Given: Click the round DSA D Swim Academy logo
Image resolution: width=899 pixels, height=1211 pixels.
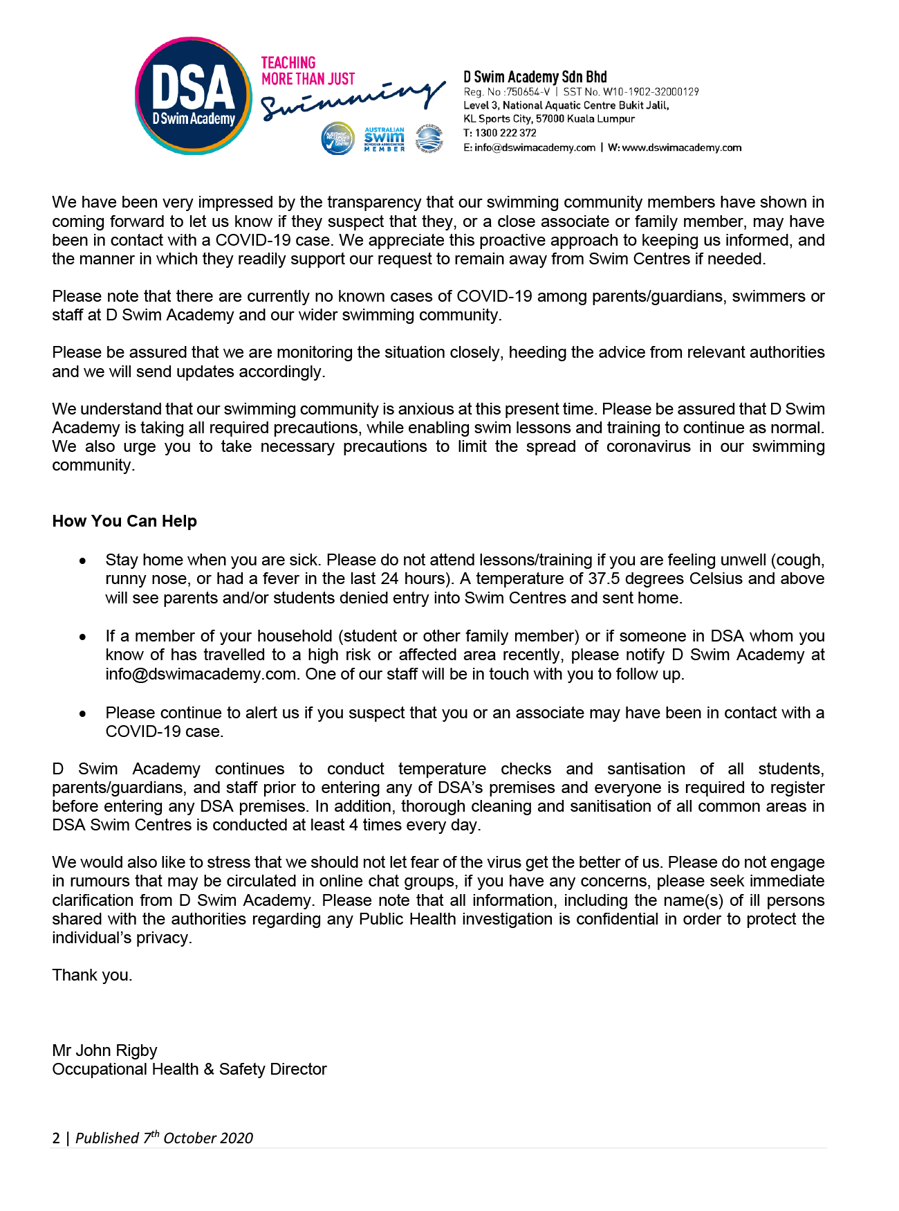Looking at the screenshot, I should click(193, 95).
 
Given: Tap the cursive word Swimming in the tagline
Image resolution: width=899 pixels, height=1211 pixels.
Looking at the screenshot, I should click(353, 100).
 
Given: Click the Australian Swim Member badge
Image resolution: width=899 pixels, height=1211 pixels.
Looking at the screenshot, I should click(384, 139).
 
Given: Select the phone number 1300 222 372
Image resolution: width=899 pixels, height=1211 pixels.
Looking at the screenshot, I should click(506, 133).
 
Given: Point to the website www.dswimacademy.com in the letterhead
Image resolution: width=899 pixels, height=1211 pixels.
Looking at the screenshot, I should click(682, 147).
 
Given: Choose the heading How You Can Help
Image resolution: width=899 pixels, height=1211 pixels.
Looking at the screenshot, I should click(124, 521).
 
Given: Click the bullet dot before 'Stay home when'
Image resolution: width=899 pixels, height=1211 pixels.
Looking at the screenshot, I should click(83, 560).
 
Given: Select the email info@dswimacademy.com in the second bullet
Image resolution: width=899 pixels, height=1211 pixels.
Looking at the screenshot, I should click(201, 674).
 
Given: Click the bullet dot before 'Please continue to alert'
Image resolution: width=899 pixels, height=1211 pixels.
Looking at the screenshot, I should click(83, 713).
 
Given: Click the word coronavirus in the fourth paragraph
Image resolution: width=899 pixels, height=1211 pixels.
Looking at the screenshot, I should click(648, 446).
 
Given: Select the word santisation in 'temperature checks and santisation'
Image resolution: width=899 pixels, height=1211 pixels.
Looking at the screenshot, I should click(646, 769).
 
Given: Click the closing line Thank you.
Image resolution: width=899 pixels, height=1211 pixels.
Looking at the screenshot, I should click(92, 975).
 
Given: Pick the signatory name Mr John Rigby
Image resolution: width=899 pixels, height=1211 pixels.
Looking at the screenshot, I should click(104, 1050).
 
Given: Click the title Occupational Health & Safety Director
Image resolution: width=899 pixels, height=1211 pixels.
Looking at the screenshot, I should click(189, 1069).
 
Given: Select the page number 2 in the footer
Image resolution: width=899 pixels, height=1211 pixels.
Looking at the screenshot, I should click(56, 1138).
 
